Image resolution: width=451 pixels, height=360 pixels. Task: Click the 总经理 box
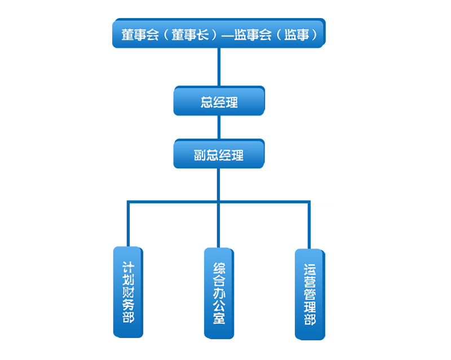[219, 102]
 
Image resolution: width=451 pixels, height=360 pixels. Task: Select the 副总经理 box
[219, 155]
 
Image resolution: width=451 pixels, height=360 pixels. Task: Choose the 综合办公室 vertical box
[219, 292]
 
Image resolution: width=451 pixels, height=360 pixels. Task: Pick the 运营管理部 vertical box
[309, 294]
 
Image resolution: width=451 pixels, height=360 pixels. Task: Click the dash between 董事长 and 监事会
[227, 34]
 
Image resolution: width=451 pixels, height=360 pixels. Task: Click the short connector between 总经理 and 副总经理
[219, 128]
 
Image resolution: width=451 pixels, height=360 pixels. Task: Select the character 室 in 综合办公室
[219, 318]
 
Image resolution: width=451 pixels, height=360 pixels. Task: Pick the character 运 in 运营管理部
[309, 268]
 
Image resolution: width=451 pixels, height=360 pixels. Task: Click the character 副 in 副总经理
[198, 155]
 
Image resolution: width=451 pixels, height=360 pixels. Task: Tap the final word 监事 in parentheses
[299, 34]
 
